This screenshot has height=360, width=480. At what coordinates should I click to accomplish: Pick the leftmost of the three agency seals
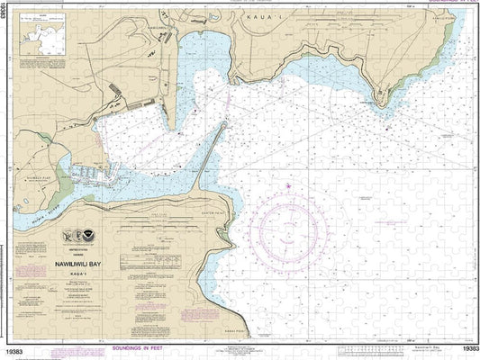point(67,238)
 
